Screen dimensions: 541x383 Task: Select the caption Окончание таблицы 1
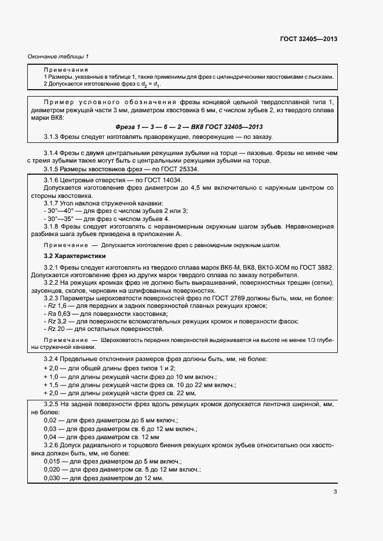(x=58, y=57)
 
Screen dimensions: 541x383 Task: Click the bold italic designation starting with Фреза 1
(x=189, y=126)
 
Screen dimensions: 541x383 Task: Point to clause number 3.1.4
(x=54, y=154)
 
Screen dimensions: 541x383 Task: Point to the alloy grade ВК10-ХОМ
(x=273, y=268)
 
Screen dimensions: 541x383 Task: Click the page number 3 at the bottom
(x=335, y=492)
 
